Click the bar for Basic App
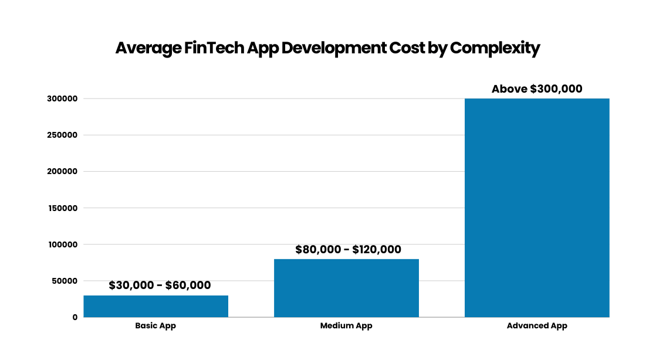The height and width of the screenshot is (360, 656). pos(155,306)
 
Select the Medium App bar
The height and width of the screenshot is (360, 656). pos(346,288)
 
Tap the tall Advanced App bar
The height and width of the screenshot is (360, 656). pos(537,208)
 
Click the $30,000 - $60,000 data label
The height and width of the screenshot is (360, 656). pos(160,286)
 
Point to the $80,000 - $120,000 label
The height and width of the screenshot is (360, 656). pos(348,250)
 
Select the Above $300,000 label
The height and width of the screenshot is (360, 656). pos(537,89)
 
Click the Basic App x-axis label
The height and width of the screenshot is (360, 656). pos(155,326)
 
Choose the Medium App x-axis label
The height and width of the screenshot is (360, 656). pos(346,326)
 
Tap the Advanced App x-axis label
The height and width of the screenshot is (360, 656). pos(537,326)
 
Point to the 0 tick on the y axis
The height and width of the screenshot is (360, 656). pos(75,317)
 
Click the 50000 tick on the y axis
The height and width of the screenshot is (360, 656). pos(65,281)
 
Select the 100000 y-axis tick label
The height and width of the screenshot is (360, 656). pos(63,244)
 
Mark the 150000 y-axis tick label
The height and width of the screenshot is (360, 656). pos(63,208)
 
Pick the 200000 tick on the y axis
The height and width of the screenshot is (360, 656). pos(63,172)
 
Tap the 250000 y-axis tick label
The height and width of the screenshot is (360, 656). pos(63,135)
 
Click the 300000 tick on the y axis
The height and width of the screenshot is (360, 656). pos(63,99)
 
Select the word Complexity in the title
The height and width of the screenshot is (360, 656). pos(495,48)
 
